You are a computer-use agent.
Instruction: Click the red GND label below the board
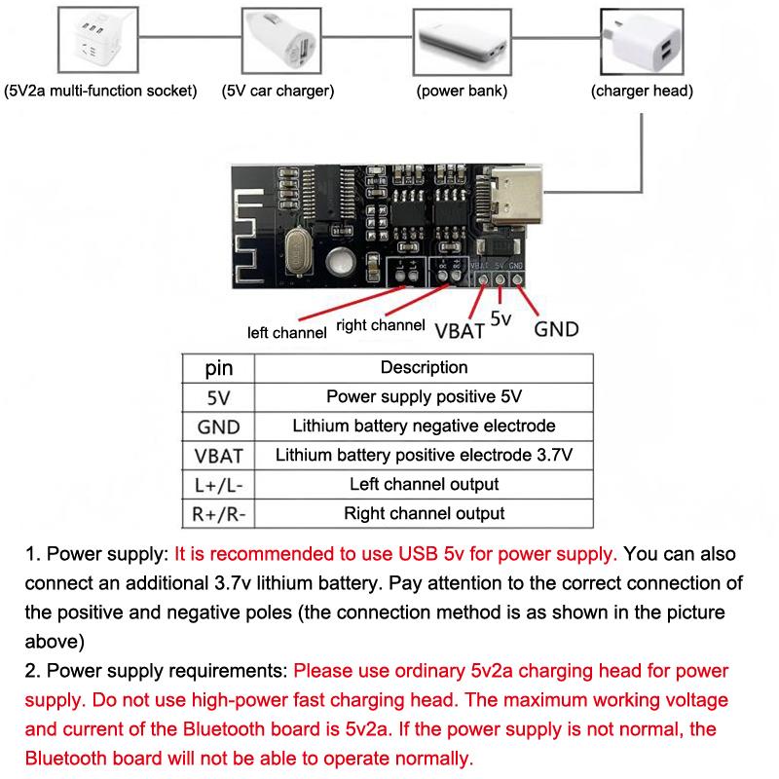click(557, 328)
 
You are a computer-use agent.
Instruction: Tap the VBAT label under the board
click(461, 329)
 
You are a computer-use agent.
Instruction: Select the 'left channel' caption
click(286, 333)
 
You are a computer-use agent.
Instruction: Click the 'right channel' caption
click(381, 325)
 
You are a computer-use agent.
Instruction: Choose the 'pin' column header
click(218, 368)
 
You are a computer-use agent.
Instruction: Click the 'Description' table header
click(424, 368)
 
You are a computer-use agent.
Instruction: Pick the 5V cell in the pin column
click(218, 397)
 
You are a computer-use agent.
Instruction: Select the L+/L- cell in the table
click(218, 485)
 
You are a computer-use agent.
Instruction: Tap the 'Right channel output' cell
click(424, 514)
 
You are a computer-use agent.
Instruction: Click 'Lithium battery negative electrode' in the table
click(424, 427)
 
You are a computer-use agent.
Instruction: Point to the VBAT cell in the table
click(218, 456)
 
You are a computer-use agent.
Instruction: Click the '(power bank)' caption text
click(462, 92)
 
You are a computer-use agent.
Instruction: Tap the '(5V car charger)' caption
click(278, 92)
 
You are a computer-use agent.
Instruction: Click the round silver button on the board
click(340, 260)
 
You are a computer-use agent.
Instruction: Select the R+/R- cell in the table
click(218, 514)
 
